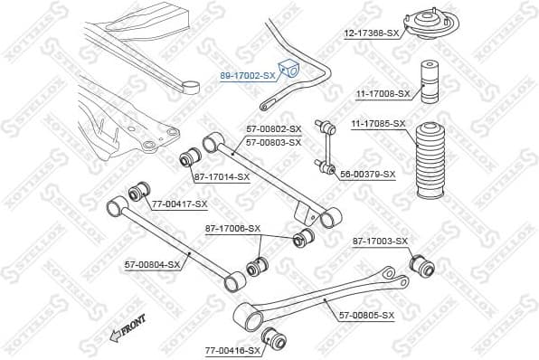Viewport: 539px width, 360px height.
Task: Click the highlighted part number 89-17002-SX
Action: [x=246, y=76]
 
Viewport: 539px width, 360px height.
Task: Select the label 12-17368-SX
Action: [x=371, y=33]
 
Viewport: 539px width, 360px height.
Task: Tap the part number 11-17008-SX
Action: [x=381, y=93]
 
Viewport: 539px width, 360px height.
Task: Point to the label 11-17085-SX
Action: [x=378, y=123]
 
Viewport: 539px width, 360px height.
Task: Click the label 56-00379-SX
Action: [x=367, y=174]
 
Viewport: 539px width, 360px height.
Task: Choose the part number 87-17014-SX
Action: [x=222, y=176]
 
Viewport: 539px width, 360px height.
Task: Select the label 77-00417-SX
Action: [x=179, y=204]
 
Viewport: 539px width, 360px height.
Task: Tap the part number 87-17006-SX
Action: [x=232, y=229]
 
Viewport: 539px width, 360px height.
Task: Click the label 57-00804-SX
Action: [x=153, y=264]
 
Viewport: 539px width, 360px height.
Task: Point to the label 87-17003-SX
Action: [x=380, y=241]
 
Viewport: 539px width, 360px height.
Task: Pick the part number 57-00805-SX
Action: [x=366, y=315]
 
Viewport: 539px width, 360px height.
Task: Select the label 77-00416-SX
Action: [x=232, y=349]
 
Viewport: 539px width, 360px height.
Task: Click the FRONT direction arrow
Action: [x=128, y=330]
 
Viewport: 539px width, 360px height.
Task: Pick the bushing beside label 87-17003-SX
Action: [x=423, y=265]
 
